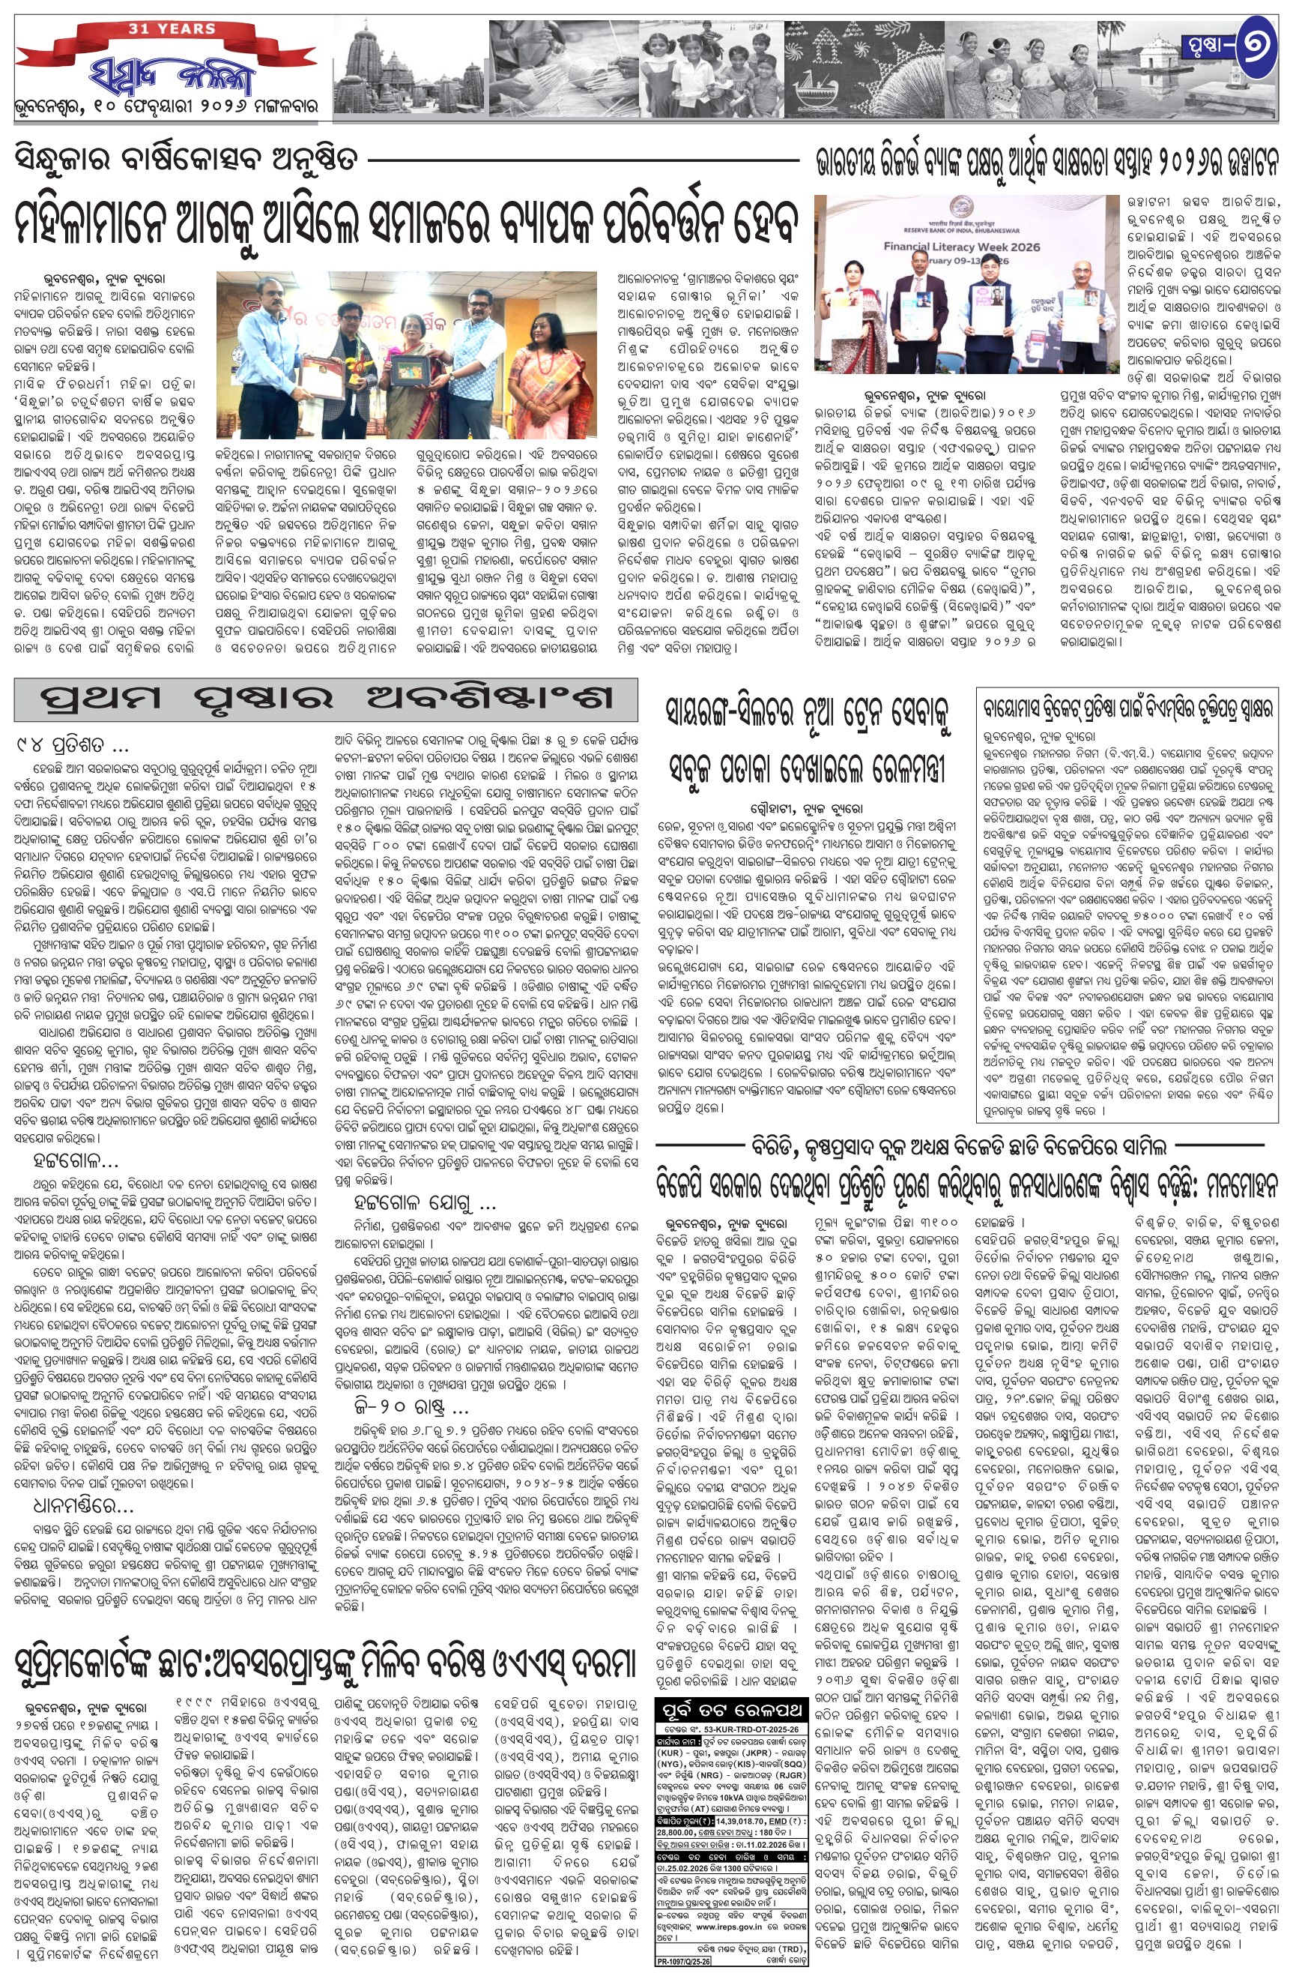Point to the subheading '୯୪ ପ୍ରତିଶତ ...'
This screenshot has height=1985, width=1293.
71,744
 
